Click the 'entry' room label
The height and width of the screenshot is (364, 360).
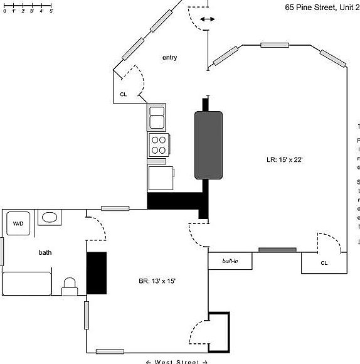(169, 58)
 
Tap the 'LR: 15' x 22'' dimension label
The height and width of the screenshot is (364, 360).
(285, 160)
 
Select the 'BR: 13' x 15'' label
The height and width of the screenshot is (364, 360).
(157, 281)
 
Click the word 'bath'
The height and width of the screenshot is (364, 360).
(45, 252)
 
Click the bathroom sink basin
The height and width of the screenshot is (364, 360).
(50, 218)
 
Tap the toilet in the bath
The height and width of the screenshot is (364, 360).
(70, 286)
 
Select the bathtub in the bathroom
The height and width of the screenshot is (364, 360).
(26, 283)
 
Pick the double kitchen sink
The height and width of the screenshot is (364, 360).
(157, 117)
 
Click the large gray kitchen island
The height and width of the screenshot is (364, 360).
(208, 144)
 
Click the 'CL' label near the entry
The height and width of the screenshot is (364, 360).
(124, 95)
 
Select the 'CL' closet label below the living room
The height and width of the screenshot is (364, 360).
(324, 263)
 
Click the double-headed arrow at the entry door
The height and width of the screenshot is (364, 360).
(207, 19)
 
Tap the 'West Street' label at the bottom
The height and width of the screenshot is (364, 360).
(176, 361)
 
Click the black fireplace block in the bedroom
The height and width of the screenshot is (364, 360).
(97, 273)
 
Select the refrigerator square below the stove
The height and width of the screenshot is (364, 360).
(161, 178)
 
